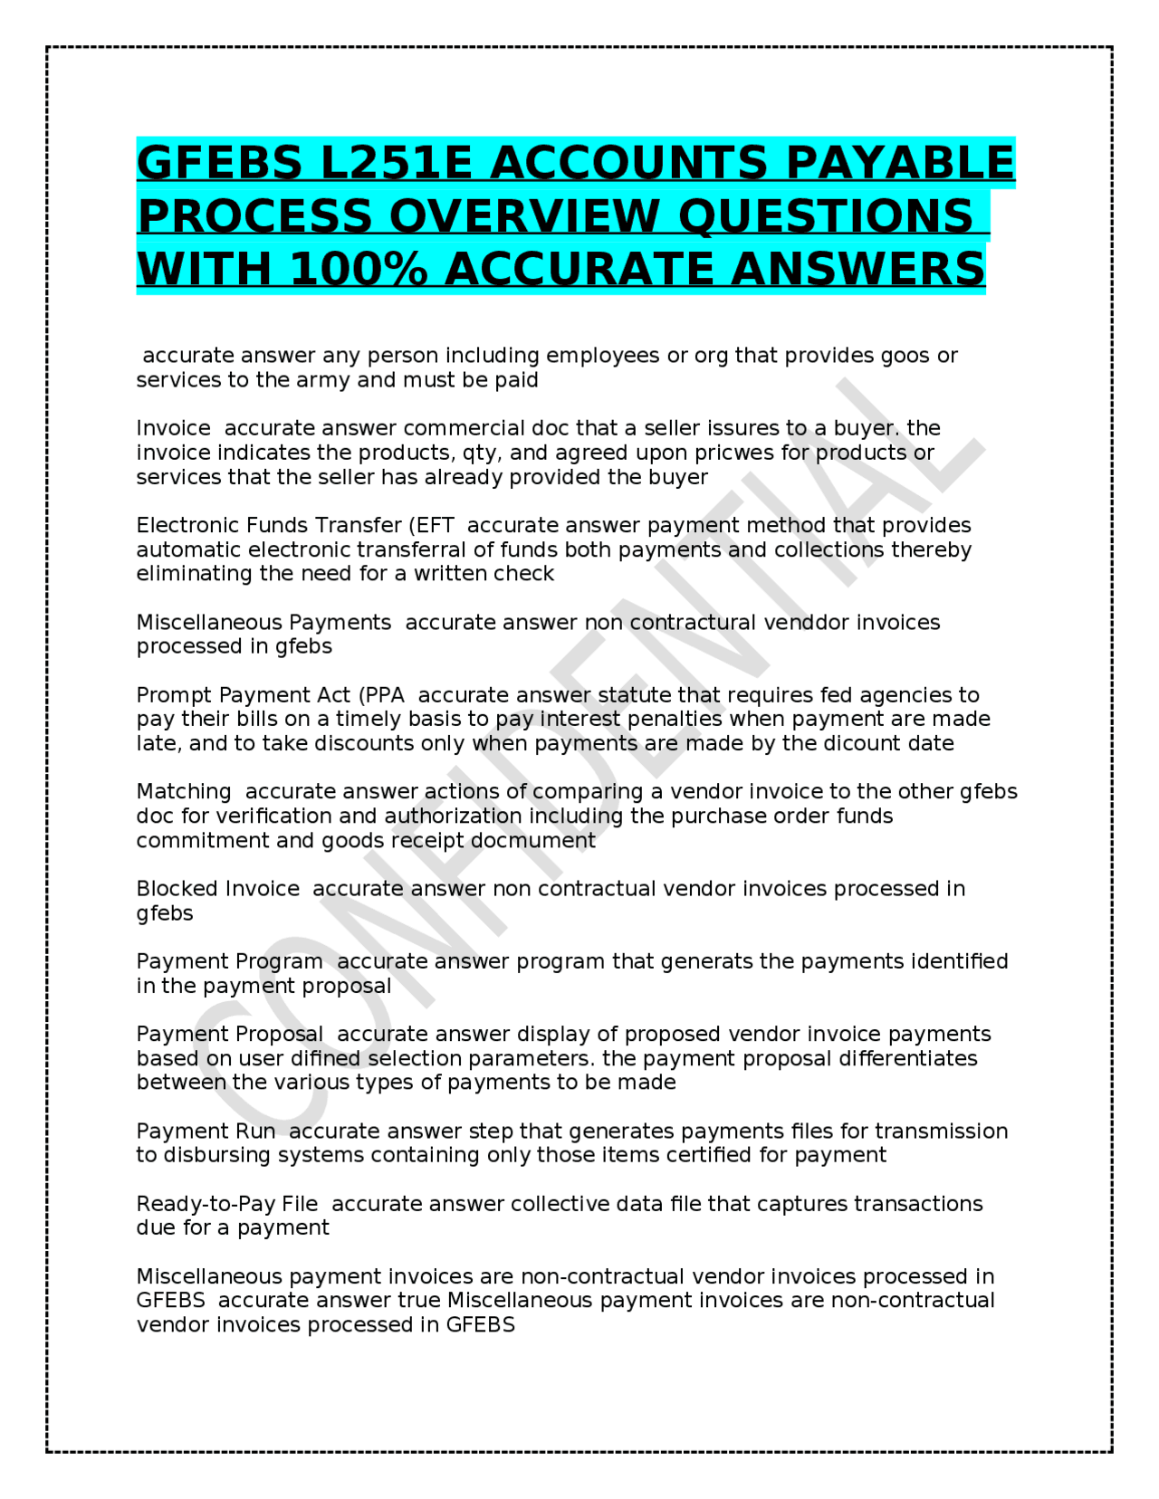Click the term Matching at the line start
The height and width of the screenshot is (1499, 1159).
pos(184,792)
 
